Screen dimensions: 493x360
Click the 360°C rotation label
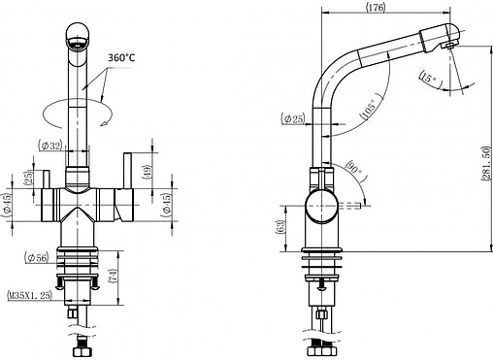point(121,57)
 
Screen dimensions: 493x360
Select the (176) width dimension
point(376,7)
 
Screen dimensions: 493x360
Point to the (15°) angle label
point(429,79)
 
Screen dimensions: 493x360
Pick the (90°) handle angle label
point(355,168)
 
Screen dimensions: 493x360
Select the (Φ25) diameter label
point(293,118)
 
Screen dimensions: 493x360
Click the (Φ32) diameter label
point(49,146)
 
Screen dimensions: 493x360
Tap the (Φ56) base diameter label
point(36,258)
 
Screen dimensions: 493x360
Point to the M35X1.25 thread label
point(29,295)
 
